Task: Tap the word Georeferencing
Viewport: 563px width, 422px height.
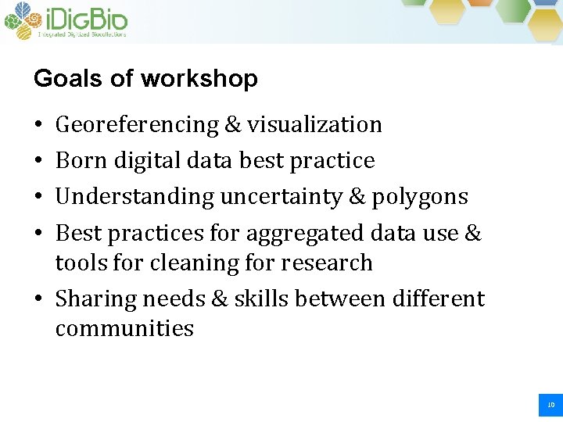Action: [137, 125]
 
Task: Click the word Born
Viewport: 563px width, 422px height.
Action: [82, 161]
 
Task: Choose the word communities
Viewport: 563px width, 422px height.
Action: [124, 328]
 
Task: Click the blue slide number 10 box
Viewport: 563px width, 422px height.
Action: [550, 405]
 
